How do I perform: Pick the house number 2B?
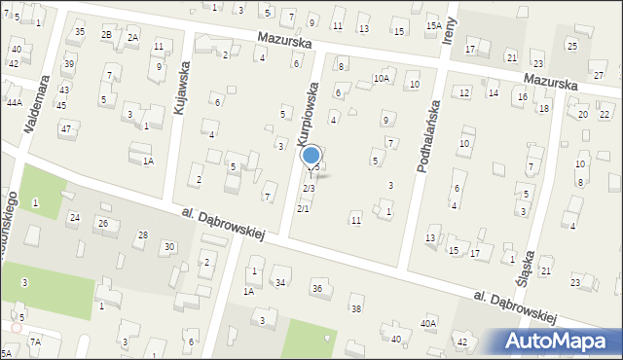click(x=106, y=35)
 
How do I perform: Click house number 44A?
click(x=14, y=101)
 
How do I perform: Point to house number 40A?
click(x=428, y=323)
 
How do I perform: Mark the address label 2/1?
click(x=303, y=208)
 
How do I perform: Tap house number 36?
click(x=317, y=288)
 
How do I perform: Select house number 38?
click(x=356, y=308)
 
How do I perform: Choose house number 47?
click(x=65, y=128)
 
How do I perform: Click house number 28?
click(x=142, y=235)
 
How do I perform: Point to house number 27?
click(x=599, y=75)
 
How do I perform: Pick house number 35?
click(x=80, y=32)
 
